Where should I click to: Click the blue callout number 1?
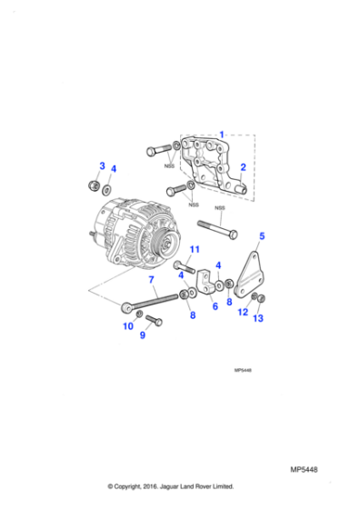tap(221, 135)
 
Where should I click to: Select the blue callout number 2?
tap(243, 167)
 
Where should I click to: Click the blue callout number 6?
tap(215, 306)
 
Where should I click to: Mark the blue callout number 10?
tap(128, 325)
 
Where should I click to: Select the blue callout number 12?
tap(242, 313)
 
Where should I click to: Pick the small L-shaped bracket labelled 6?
tap(205, 287)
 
